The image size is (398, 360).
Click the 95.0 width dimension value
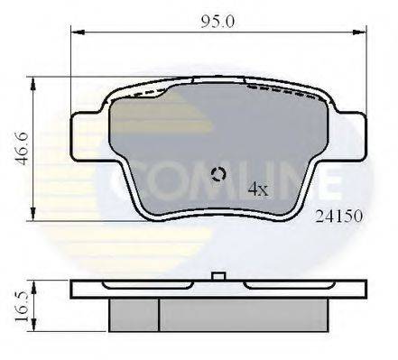[217, 20]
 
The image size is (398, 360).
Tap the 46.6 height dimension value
[14, 148]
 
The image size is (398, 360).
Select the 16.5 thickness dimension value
[14, 301]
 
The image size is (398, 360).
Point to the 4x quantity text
[257, 189]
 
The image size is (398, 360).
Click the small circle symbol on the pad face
[217, 175]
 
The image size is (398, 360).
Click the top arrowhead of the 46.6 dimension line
[34, 82]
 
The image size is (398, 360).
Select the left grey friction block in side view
[134, 313]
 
